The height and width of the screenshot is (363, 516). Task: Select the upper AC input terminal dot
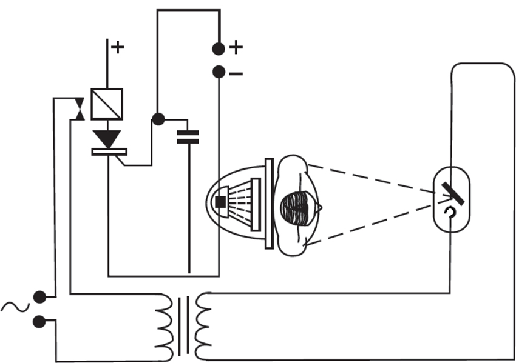coord(40,296)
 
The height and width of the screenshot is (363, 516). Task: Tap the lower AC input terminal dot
coord(40,322)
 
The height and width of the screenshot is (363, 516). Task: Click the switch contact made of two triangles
coord(78,109)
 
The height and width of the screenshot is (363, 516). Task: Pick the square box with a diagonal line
coord(107,104)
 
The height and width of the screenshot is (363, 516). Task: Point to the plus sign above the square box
coord(117,47)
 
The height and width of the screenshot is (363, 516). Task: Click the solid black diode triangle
coord(109,139)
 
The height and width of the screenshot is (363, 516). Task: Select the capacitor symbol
coord(188,137)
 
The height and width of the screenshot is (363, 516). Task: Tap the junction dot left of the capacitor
coord(158,119)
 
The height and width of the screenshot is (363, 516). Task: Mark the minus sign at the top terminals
coord(236,74)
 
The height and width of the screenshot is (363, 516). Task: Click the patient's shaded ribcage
coord(299,208)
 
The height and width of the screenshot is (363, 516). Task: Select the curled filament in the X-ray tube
coord(449,211)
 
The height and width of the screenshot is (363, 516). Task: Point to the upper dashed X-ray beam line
coord(370,179)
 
